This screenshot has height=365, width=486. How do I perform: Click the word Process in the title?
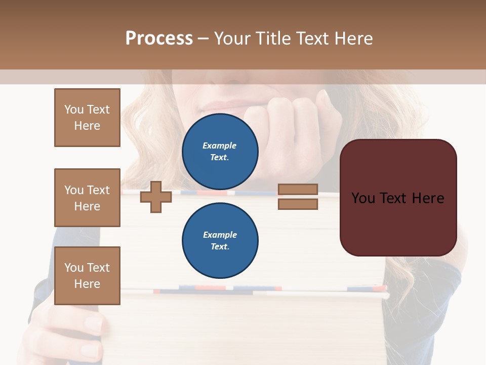pos(159,39)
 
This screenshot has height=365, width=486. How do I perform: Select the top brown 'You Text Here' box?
pos(87,118)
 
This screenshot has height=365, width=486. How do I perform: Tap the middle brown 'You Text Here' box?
pos(87,198)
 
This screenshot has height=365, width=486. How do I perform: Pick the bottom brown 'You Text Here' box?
pos(87,276)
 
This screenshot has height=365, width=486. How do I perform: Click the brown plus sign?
pos(156,197)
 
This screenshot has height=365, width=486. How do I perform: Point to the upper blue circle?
pos(220,151)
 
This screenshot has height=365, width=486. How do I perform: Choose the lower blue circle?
pos(220,240)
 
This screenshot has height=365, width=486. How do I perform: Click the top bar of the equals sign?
pos(298,189)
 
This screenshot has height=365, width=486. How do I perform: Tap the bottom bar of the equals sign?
pos(298,204)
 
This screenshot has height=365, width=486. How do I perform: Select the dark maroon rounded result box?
pos(398,198)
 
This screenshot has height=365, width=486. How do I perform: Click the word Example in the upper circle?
pos(220,145)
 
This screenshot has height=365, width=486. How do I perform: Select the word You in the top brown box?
pos(73,109)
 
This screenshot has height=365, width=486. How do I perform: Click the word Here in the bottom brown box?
pos(87,284)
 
